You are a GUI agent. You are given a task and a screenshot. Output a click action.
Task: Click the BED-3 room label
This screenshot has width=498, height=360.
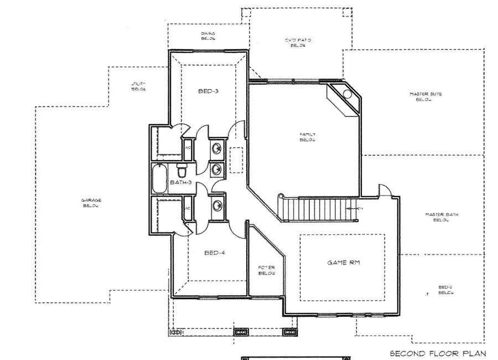tap(208, 91)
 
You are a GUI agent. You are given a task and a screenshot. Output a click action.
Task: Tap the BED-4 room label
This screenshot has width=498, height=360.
tap(214, 253)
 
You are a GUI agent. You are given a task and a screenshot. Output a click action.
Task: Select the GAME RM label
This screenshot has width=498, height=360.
tap(343, 263)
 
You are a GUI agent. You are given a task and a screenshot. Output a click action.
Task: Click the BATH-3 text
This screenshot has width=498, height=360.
tap(180, 182)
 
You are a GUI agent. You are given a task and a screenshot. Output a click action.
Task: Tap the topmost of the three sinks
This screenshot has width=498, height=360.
tap(217, 148)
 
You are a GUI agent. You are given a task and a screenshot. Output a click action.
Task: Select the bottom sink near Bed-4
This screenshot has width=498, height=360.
tap(217, 205)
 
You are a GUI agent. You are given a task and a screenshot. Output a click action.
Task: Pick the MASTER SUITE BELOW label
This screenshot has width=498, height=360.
tap(426, 96)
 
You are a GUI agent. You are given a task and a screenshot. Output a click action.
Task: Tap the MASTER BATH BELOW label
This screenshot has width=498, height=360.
tap(441, 217)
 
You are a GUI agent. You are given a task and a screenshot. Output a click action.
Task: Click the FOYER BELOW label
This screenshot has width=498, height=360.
tap(267, 271)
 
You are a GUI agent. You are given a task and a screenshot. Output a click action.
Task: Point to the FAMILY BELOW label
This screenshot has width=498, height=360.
tap(308, 137)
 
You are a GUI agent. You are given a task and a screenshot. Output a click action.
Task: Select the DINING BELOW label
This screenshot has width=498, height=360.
tap(207, 36)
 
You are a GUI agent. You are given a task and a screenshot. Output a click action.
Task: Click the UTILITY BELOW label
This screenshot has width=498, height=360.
tap(138, 86)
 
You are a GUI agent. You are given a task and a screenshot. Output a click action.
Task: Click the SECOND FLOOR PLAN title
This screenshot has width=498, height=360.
tap(437, 353)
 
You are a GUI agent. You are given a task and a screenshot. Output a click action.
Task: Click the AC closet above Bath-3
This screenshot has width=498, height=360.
tap(188, 148)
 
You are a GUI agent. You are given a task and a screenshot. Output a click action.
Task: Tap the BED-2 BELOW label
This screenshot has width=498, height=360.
tap(445, 290)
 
